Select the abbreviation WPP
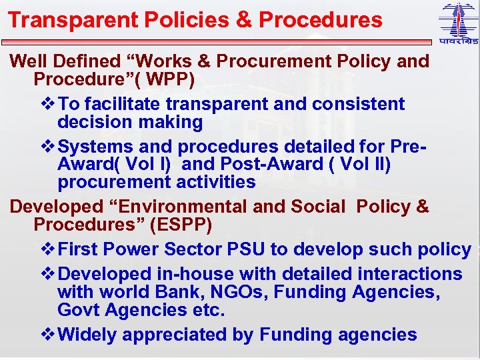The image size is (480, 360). pos(171,79)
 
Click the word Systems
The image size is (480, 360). pos(97,146)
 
